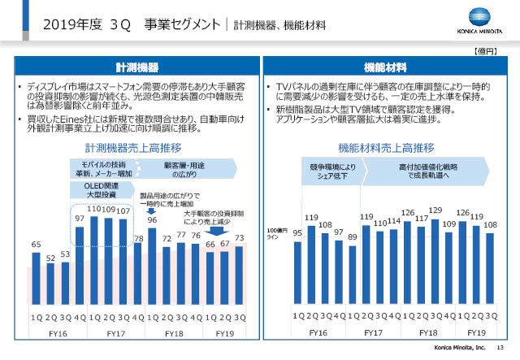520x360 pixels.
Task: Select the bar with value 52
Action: [x=50, y=284]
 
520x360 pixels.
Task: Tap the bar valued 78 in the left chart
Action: [x=138, y=273]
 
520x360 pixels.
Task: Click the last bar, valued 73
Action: [x=240, y=275]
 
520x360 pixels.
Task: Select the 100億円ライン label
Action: [x=279, y=234]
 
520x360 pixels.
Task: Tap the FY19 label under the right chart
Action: [x=476, y=333]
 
